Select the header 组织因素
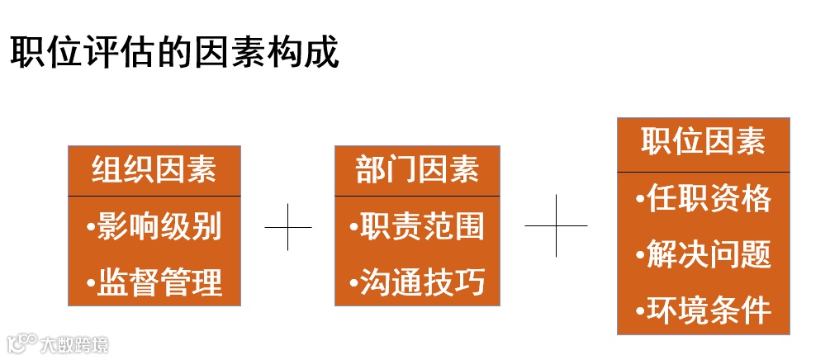(154, 170)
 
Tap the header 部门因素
(417, 170)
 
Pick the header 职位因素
(703, 143)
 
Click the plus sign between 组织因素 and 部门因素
(288, 226)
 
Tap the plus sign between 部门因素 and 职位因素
(556, 225)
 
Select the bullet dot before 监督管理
(91, 283)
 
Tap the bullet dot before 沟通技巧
(353, 283)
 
